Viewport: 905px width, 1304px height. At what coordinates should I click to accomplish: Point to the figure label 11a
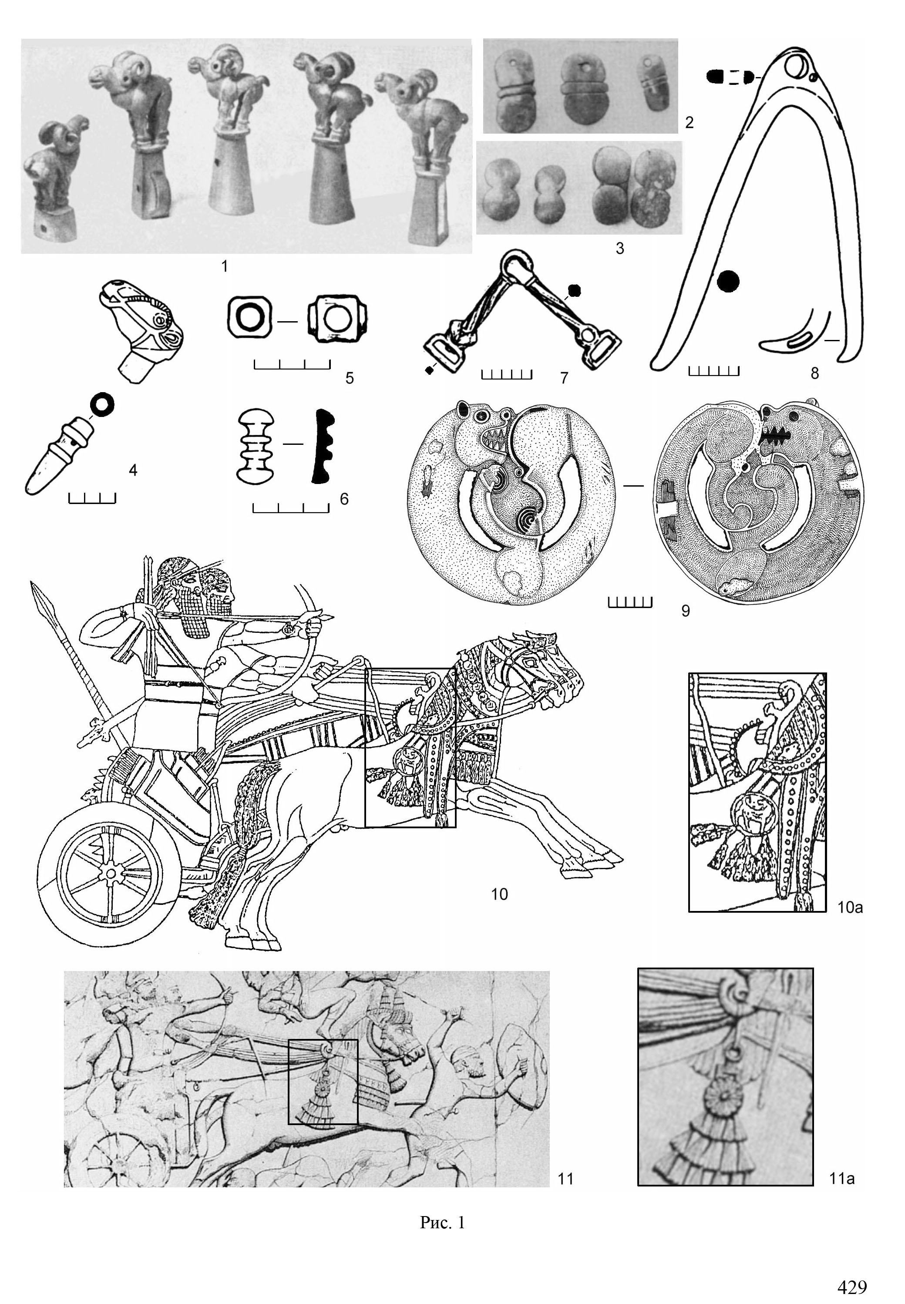tap(841, 1179)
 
